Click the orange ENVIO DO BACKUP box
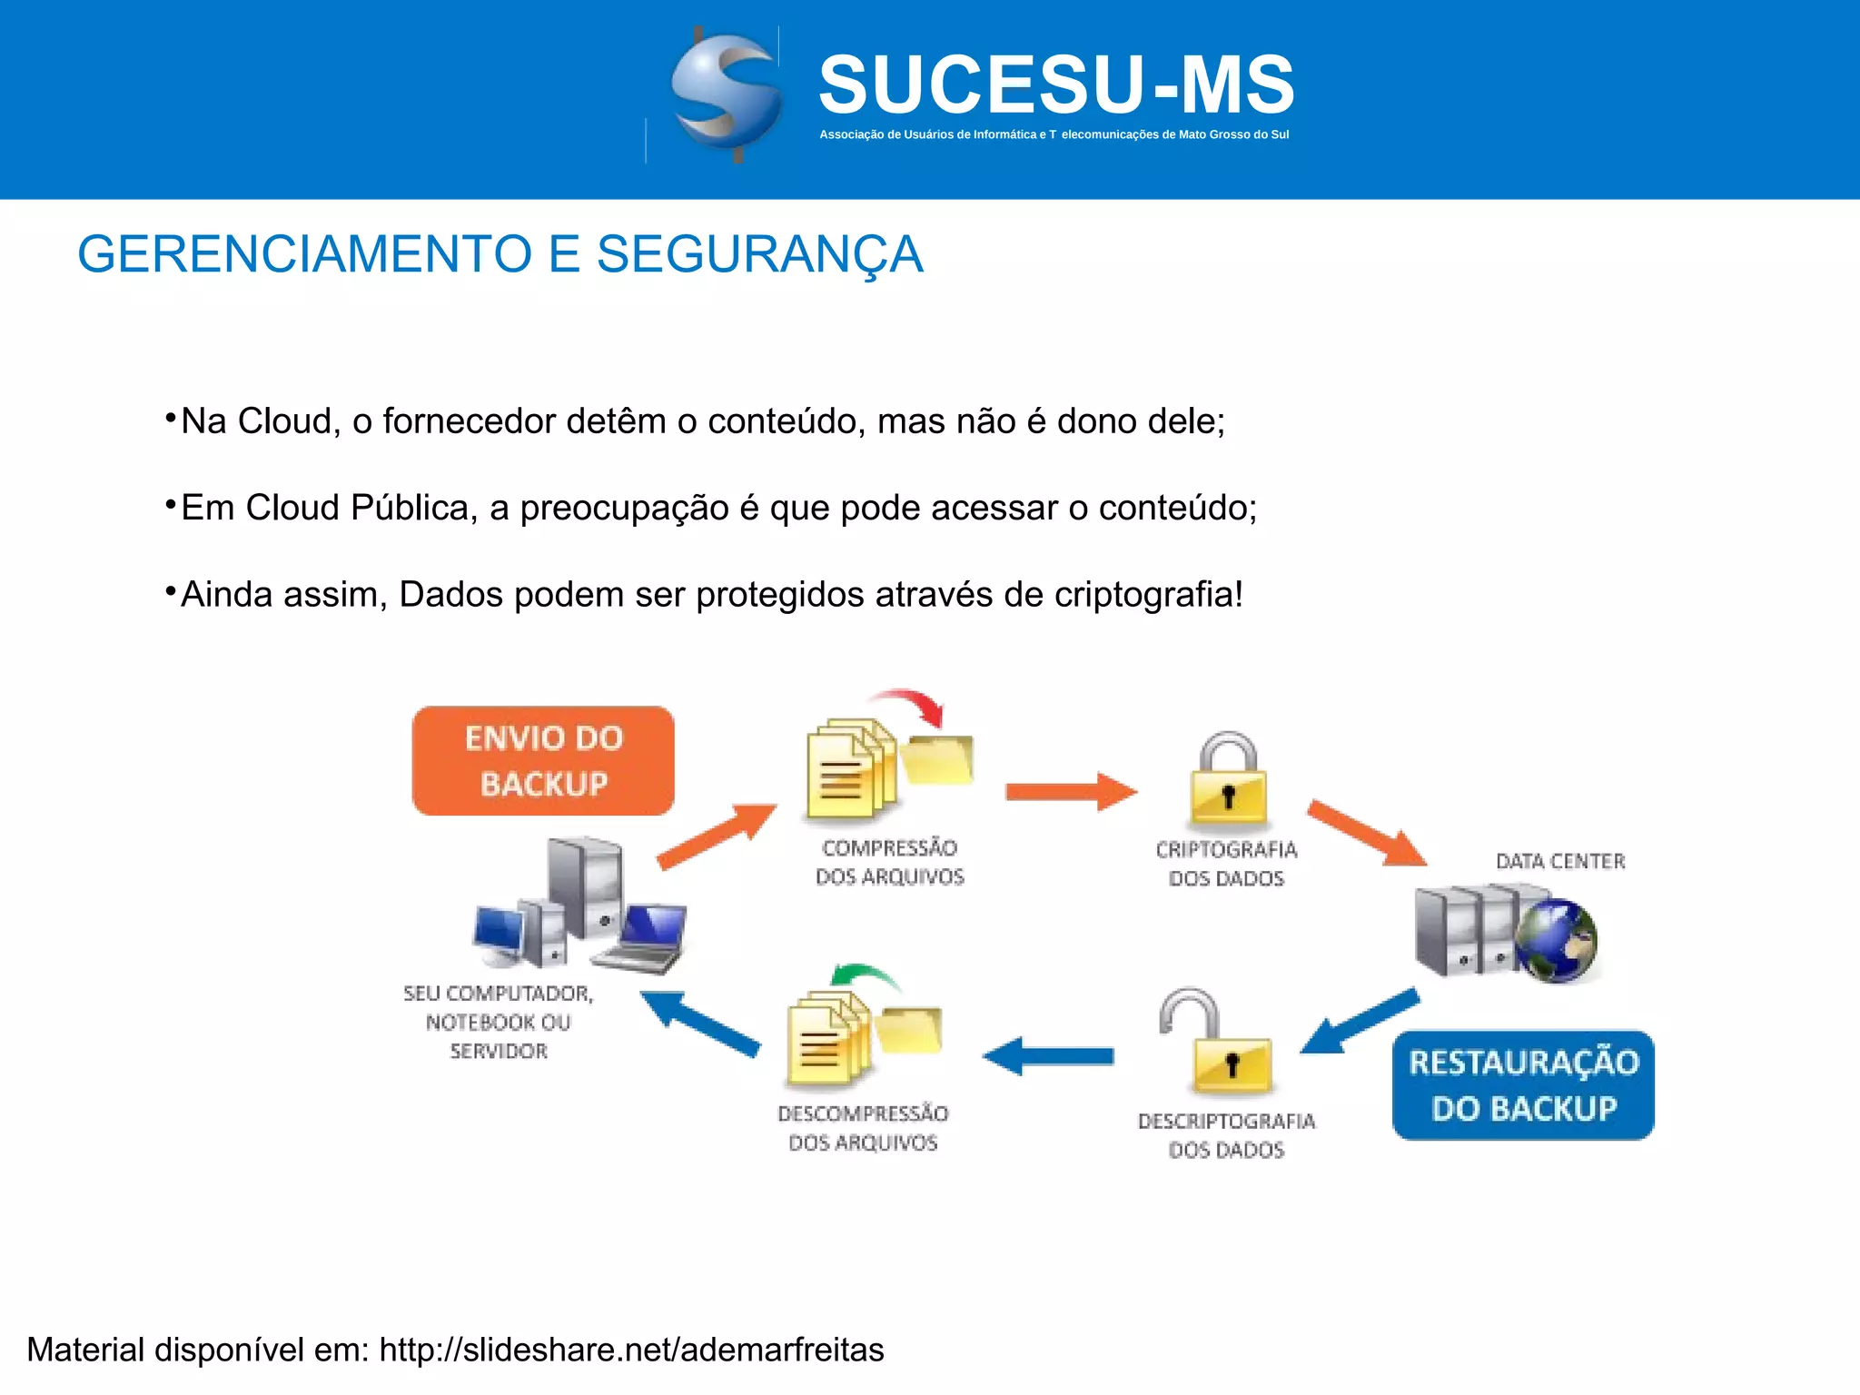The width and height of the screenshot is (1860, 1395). (543, 761)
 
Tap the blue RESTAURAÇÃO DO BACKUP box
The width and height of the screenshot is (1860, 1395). (1523, 1085)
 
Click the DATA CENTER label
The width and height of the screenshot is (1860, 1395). (1560, 861)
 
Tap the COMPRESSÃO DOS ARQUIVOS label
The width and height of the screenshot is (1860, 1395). (889, 862)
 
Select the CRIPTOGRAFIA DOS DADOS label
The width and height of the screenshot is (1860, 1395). (1226, 864)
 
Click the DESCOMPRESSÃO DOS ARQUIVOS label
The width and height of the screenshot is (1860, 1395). (863, 1128)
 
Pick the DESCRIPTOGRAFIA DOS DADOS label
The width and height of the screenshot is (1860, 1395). (1226, 1135)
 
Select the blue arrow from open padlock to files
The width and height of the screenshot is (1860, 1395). (1048, 1056)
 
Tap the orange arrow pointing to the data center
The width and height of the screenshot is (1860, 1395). (1366, 833)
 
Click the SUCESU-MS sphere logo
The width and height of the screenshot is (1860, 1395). (725, 94)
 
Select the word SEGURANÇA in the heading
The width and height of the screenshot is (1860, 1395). (759, 254)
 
